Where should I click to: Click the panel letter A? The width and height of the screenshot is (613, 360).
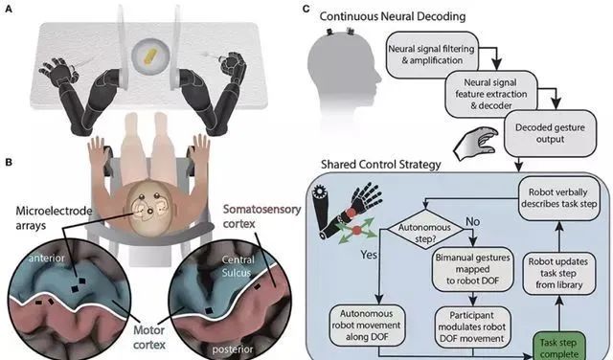click(9, 9)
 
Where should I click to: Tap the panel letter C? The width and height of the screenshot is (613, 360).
click(306, 9)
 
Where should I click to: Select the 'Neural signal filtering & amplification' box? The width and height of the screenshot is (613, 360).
click(432, 55)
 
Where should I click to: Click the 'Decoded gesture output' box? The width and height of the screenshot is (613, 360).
click(550, 133)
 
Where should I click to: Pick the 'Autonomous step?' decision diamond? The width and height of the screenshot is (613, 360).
click(425, 233)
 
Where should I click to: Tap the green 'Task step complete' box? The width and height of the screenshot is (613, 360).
click(558, 347)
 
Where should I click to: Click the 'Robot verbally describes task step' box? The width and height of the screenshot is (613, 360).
click(559, 198)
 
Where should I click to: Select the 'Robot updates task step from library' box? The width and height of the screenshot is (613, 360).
click(559, 273)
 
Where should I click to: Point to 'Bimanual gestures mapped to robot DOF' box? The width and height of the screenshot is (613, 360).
click(472, 269)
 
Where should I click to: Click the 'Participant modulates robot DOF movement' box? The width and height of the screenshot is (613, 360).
click(472, 326)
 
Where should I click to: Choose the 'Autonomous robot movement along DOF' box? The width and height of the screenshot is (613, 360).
click(367, 326)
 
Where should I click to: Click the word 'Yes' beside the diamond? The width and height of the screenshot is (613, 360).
click(369, 255)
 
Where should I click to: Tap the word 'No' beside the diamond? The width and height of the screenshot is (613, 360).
click(472, 221)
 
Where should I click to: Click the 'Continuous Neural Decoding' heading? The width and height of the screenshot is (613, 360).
click(393, 16)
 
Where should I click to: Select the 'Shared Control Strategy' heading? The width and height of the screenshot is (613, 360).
click(381, 165)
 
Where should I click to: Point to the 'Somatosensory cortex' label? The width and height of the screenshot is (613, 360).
click(261, 216)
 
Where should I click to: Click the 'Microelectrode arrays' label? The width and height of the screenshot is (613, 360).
click(54, 217)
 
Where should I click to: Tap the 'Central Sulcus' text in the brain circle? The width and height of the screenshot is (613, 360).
click(238, 266)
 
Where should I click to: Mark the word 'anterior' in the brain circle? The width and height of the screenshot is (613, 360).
click(46, 258)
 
